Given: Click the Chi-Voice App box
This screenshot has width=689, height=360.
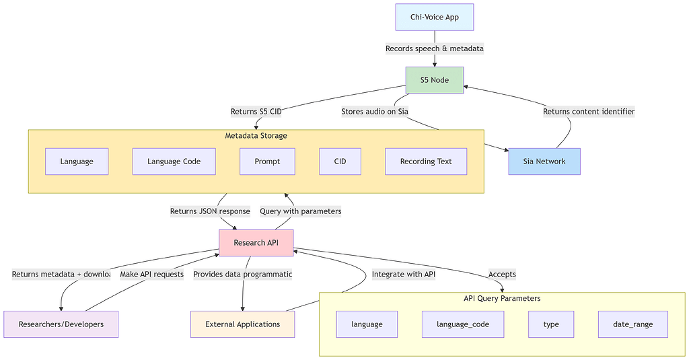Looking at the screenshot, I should pos(435,17).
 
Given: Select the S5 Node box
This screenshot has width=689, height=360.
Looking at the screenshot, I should pos(435,80).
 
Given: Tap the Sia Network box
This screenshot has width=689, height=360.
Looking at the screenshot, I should pos(544,161).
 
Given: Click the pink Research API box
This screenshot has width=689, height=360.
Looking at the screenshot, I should pos(256,243).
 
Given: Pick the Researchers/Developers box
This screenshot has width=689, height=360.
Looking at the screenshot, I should pos(61,324).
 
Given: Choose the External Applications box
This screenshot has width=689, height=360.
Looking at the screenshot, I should pos(242,324).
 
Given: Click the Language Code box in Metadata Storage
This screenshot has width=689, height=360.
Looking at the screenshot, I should pos(174,161).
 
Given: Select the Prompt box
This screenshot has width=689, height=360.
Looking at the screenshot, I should pos(267,161).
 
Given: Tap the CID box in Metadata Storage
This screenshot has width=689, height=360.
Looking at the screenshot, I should pos(340,161).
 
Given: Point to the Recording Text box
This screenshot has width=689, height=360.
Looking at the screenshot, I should pos(426,161).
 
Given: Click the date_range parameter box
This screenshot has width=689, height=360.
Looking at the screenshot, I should pos(632,324).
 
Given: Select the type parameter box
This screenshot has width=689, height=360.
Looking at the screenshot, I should pos(551,324).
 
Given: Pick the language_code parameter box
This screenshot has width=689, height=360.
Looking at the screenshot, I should pos(463,324).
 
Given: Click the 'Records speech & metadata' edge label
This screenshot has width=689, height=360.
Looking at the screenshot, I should pos(435,48).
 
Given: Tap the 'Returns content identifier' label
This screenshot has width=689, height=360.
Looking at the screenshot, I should pos(589,112).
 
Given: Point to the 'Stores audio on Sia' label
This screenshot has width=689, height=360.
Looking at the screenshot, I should pos(375,112).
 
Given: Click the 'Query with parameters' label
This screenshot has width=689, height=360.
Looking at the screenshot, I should pos(300,211).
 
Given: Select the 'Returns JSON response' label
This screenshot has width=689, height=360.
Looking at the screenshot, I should pos(210,211).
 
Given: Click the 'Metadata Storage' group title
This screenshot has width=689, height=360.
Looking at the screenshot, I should pos(256,136).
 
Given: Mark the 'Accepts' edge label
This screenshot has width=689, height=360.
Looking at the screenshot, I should pos(502,274).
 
